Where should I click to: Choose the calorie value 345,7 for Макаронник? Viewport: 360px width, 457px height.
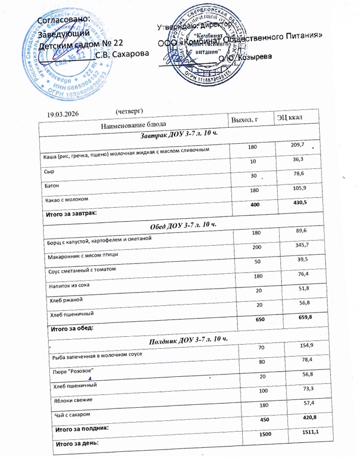click(300, 245)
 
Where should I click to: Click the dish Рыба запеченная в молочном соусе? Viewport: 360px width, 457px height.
click(97, 356)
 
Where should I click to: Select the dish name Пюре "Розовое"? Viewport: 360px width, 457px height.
click(72, 372)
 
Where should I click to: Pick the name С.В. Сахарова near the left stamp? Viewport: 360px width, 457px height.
click(121, 56)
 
